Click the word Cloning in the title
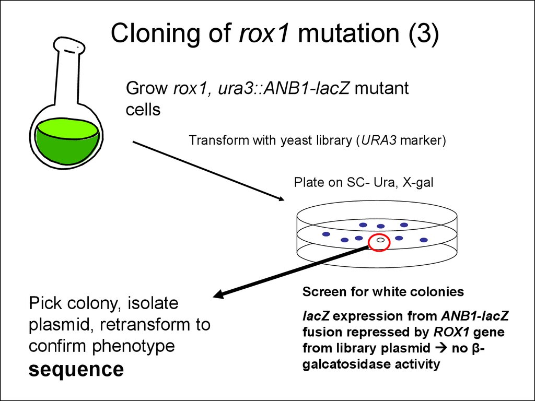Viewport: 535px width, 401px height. point(155,33)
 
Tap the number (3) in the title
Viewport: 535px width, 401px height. point(423,33)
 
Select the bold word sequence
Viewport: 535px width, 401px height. point(76,370)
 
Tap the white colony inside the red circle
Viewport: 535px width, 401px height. point(380,240)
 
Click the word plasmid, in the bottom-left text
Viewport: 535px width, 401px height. point(62,325)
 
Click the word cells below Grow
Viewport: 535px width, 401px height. point(143,110)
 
